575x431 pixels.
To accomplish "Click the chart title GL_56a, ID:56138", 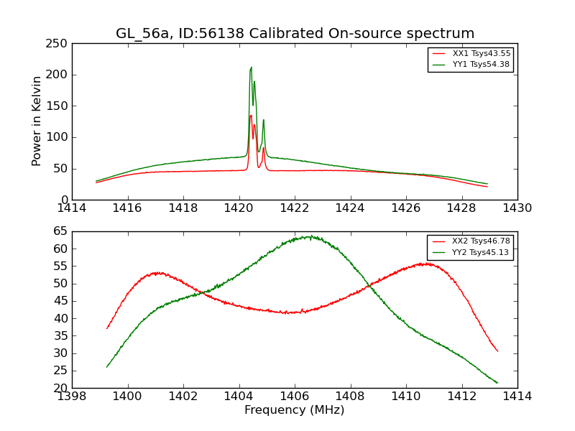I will coord(295,34).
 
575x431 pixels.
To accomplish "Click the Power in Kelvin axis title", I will coord(37,121).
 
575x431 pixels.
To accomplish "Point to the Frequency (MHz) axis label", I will coord(295,410).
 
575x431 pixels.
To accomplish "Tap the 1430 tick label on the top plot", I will coord(517,208).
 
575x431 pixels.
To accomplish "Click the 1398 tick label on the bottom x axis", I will coord(72,397).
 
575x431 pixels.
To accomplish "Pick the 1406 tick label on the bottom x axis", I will coord(295,397).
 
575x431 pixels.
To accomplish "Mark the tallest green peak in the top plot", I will coord(251,68).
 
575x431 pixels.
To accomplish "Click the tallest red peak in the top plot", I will coord(251,115).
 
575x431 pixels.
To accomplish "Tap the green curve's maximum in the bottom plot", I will coord(309,236).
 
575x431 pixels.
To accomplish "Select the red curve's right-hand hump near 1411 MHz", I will coord(426,264).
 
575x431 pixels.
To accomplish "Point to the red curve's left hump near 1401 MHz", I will coord(157,273).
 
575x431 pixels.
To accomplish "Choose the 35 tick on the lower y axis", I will coord(62,335).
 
